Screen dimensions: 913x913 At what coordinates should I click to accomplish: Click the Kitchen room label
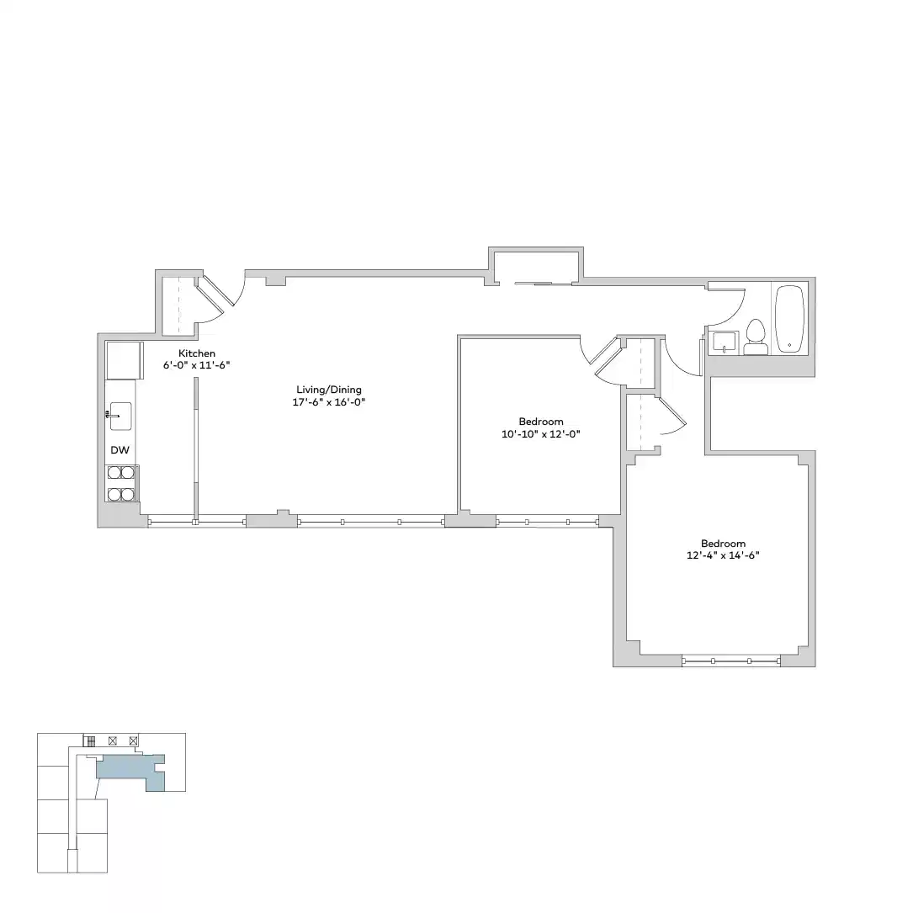[197, 353]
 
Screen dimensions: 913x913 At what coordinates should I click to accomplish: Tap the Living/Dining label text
[328, 390]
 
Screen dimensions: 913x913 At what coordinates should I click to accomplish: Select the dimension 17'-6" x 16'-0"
[328, 402]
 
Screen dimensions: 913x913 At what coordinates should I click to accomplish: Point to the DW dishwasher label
[119, 450]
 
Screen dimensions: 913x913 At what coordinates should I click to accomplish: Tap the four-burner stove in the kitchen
[121, 483]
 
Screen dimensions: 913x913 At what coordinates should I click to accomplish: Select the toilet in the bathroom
[755, 337]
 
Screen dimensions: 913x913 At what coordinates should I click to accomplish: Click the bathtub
[790, 319]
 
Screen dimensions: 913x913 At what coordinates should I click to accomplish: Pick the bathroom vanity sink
[724, 342]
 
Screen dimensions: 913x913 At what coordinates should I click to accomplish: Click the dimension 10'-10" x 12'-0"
[540, 434]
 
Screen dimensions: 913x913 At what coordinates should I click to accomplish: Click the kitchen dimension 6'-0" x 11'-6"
[197, 366]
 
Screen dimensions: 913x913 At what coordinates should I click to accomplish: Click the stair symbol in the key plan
[88, 740]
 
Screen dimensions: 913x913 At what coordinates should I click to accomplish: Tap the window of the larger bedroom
[730, 661]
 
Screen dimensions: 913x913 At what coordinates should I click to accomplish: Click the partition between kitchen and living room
[195, 450]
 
